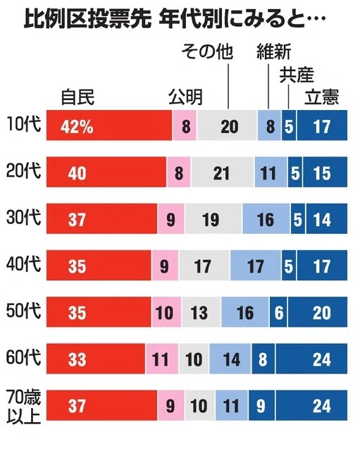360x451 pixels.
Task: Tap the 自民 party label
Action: click(77, 97)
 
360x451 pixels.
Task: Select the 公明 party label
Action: click(185, 97)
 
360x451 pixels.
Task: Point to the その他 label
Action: click(207, 51)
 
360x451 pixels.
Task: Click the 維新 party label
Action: click(274, 51)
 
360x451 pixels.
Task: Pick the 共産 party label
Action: click(297, 75)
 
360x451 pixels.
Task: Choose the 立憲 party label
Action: click(322, 97)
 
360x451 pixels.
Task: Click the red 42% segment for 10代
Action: click(109, 125)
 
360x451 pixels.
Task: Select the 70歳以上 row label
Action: click(24, 407)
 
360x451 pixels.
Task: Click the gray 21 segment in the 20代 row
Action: click(222, 172)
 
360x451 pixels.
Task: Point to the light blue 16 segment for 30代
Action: click(266, 218)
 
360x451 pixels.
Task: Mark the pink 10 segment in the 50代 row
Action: click(166, 312)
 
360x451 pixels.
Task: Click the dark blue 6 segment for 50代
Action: click(278, 312)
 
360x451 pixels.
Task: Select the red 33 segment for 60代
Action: click(96, 359)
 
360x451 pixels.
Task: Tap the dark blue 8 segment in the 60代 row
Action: click(263, 359)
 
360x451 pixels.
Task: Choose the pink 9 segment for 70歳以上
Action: click(170, 405)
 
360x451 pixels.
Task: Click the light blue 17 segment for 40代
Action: click(256, 265)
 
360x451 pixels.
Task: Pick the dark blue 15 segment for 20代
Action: click(325, 172)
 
